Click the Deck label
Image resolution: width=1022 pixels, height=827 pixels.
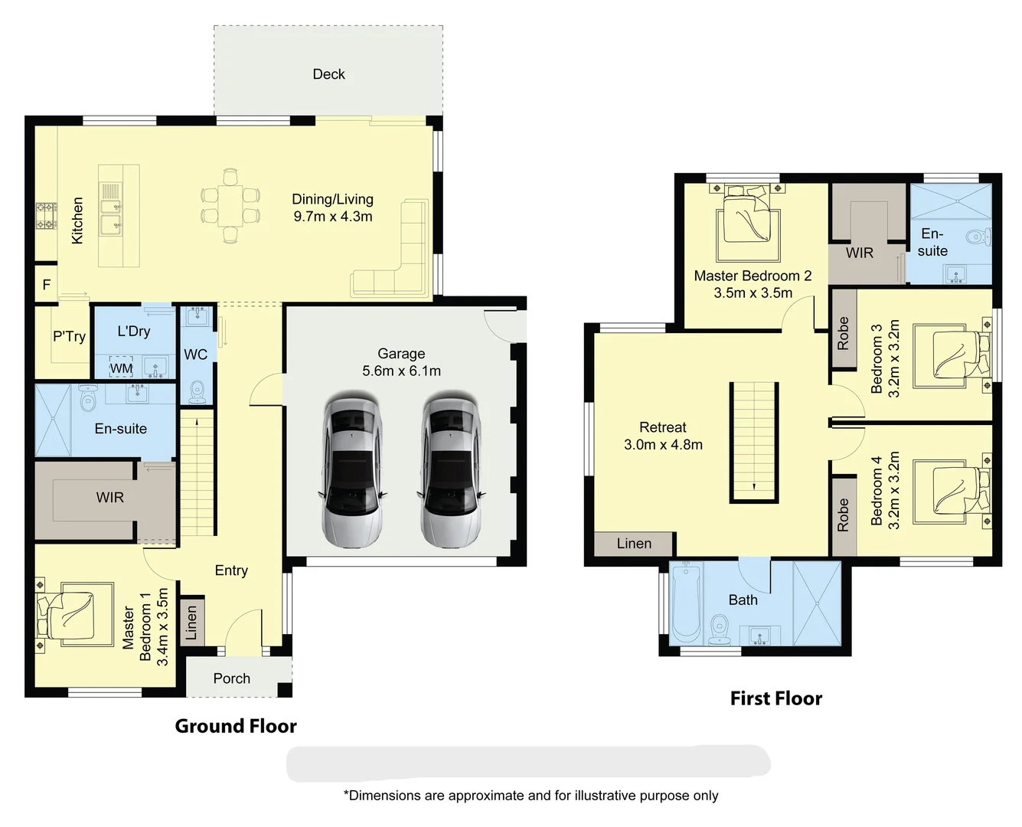click(x=328, y=74)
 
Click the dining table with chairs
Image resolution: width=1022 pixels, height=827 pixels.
click(x=230, y=206)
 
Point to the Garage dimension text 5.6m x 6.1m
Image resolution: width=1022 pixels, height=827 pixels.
click(x=401, y=371)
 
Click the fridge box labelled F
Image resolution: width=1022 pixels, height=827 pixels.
click(x=46, y=285)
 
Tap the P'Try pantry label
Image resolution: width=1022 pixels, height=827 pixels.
click(x=69, y=336)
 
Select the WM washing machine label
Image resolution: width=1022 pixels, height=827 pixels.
click(x=121, y=368)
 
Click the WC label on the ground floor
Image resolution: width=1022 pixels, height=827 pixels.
click(x=195, y=355)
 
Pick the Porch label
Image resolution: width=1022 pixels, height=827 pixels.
click(x=231, y=678)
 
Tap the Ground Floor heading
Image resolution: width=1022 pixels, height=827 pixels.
click(x=235, y=726)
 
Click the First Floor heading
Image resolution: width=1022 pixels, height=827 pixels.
click(x=775, y=698)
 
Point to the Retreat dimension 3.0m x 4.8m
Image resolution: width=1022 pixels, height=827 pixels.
click(x=663, y=445)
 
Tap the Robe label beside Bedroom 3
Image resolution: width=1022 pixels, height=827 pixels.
click(x=843, y=333)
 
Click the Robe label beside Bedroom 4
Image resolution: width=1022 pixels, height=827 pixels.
click(x=843, y=515)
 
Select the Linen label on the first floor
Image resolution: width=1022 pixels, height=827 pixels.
click(x=634, y=544)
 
